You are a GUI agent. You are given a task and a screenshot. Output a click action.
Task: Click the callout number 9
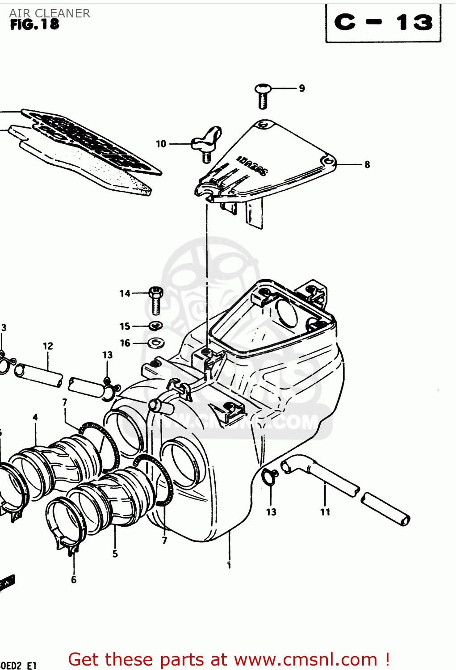302,88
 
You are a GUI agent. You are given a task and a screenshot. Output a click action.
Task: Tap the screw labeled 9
263,95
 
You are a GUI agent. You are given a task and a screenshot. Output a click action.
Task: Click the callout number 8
367,165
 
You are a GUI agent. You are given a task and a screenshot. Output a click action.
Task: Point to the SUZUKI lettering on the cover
251,165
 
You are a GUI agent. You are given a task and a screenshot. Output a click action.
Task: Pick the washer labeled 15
155,326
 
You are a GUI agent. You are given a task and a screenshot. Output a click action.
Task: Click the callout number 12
48,346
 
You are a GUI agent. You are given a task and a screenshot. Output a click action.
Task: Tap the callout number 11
325,512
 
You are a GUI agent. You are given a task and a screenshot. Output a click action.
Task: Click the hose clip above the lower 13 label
269,477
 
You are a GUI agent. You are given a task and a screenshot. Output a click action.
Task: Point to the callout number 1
229,565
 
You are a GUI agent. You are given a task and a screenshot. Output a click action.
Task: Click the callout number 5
115,554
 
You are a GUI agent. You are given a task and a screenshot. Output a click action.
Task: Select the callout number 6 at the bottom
74,580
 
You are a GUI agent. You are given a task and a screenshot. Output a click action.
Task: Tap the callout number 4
35,418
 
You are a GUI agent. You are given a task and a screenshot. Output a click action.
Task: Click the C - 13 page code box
383,23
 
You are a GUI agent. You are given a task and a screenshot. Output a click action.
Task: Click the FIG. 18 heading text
34,25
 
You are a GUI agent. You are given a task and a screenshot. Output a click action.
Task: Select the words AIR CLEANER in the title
50,13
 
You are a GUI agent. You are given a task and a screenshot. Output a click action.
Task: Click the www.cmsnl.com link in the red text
305,660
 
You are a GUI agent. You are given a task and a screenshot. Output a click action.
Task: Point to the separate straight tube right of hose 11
385,509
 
